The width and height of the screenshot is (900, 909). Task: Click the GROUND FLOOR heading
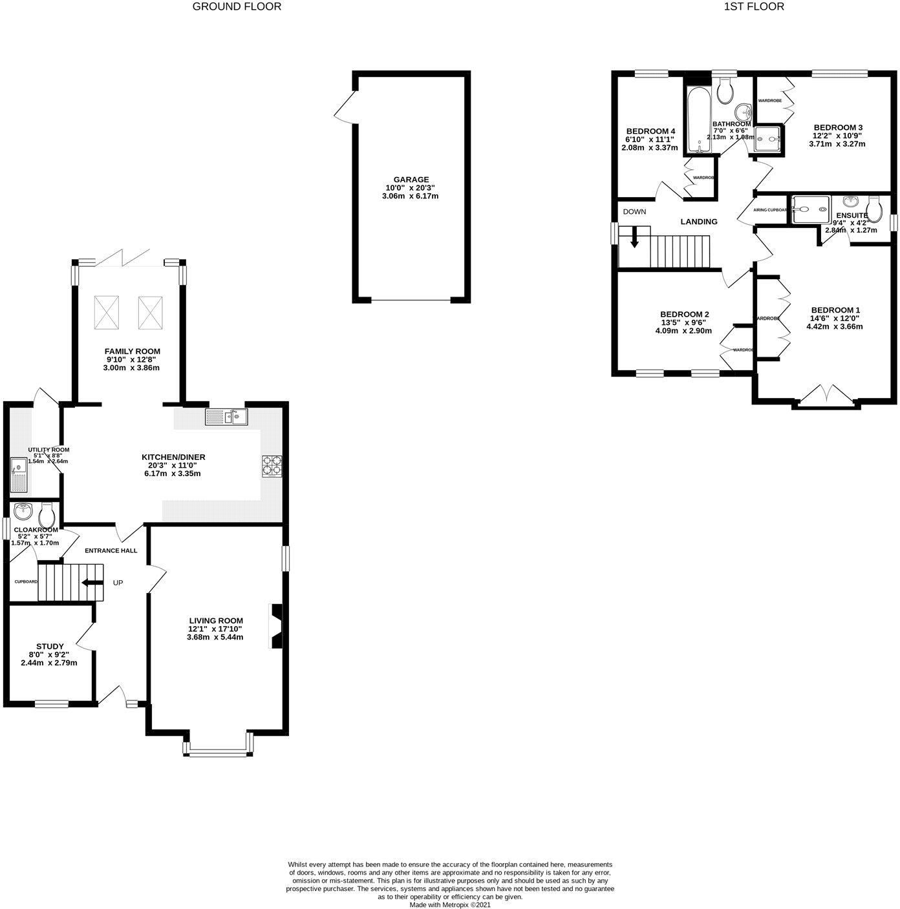coord(237,7)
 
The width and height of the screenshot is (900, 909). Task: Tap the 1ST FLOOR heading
coord(754,7)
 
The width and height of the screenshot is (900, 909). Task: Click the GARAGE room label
coord(411,180)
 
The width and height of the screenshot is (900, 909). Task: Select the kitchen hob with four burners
coord(272,466)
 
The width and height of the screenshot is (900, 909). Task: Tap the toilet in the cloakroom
coord(46,516)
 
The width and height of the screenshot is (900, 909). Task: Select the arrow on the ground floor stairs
coord(92,583)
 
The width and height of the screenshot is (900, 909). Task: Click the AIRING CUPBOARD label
coord(769,209)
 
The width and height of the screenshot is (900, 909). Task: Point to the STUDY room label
coord(50,646)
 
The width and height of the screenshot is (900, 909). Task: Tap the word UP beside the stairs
coord(118,583)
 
